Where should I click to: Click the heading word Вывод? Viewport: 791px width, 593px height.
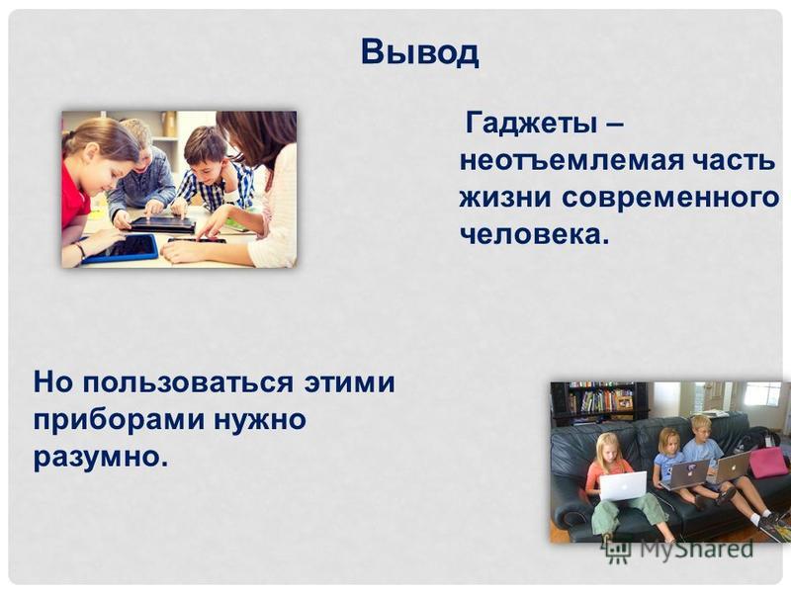tap(419, 52)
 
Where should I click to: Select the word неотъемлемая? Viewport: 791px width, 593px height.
tap(572, 161)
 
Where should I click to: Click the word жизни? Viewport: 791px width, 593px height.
tap(505, 197)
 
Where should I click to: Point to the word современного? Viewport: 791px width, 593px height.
tap(670, 197)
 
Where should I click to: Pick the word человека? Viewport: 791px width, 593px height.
tap(534, 234)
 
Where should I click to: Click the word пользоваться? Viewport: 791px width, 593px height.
tap(188, 382)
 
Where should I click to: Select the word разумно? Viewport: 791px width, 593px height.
tap(101, 458)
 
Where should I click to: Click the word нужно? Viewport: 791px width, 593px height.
tap(260, 419)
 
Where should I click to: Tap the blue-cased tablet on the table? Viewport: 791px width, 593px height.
tap(120, 249)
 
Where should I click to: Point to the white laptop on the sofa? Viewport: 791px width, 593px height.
tap(623, 485)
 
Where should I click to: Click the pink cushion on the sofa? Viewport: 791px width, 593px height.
tap(769, 463)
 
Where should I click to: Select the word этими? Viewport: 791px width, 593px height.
tap(349, 381)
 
